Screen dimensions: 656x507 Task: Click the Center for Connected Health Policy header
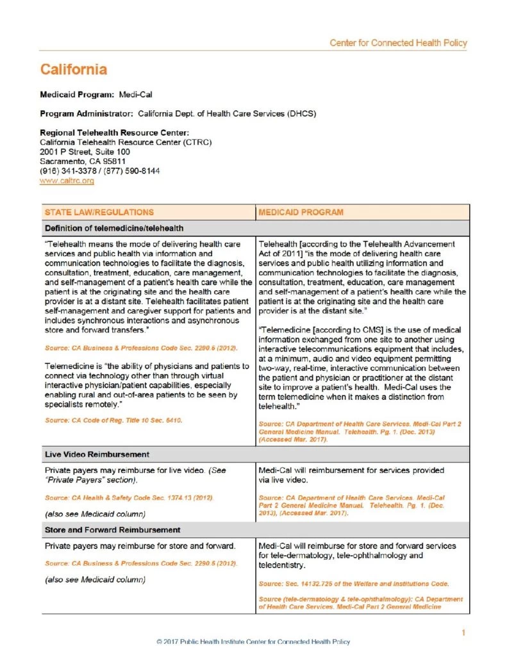398,43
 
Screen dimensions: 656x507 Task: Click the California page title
73,70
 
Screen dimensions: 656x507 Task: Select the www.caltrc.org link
67,181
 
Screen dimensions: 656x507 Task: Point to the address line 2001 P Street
85,152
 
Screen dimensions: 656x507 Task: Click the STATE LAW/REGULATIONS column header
99,212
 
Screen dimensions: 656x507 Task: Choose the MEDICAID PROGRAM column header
301,212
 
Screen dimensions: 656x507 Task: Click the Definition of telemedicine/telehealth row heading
114,227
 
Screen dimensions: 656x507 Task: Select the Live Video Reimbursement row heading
97,454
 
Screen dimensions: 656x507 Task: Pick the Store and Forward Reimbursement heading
112,530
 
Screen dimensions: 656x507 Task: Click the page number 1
463,633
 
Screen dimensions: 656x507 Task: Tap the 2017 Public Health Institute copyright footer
253,641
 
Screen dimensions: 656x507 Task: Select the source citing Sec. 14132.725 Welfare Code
353,584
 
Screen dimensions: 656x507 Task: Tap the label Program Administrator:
87,114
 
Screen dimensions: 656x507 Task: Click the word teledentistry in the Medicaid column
283,566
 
